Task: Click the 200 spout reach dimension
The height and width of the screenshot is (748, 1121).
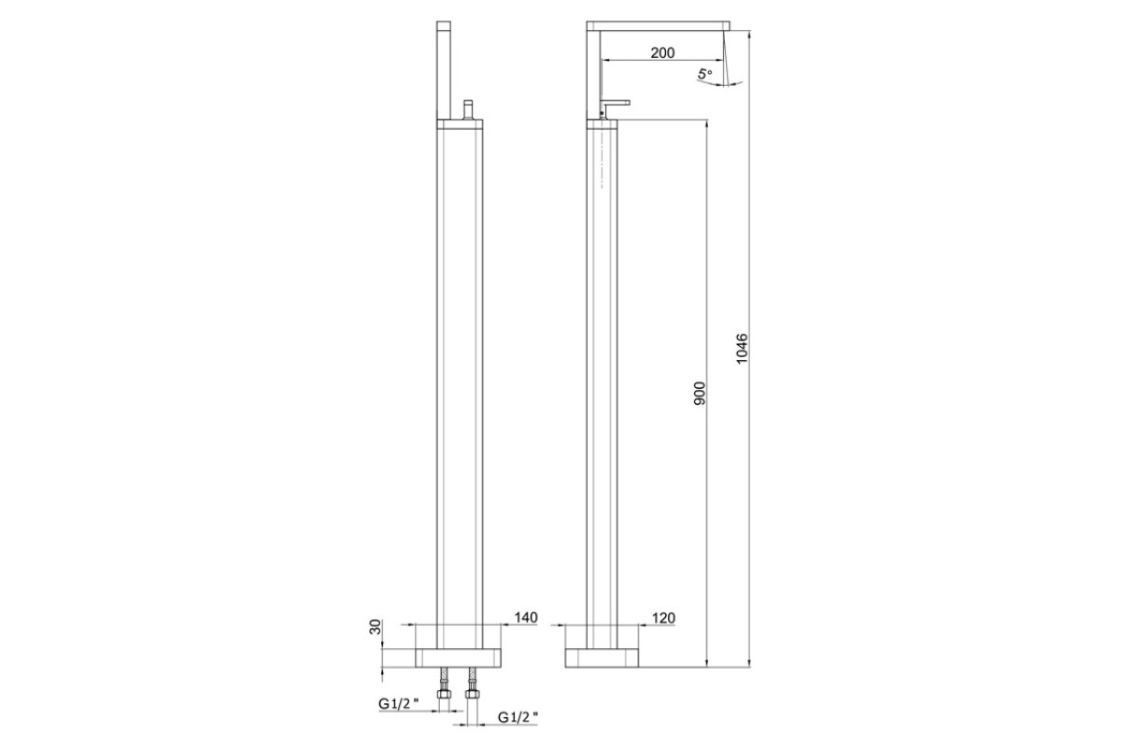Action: click(x=662, y=52)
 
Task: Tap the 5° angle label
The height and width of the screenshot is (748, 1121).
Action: click(x=704, y=74)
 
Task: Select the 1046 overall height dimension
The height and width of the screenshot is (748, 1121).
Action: click(x=742, y=348)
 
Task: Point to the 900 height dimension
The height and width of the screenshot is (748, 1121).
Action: click(x=700, y=394)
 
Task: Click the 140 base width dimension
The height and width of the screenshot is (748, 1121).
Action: click(x=525, y=617)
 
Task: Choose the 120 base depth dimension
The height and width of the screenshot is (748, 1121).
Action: click(x=663, y=618)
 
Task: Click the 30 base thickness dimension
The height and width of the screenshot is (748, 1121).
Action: click(x=376, y=626)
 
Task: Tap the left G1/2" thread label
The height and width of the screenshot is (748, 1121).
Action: click(x=398, y=703)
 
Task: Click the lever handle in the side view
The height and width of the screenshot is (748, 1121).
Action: click(x=616, y=107)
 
